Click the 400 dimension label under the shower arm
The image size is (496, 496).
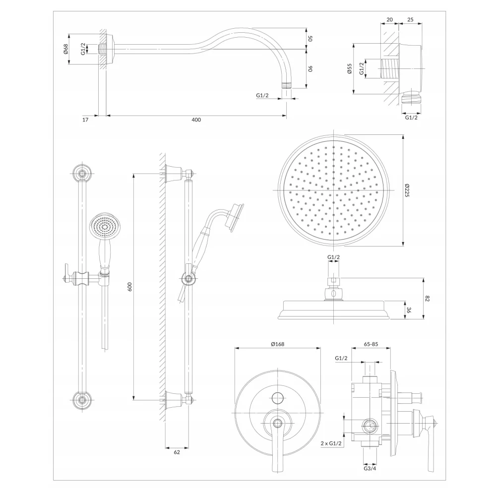(196, 120)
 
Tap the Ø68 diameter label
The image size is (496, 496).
(65, 49)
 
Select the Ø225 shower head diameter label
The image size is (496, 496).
(407, 190)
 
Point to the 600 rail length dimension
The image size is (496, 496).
(129, 287)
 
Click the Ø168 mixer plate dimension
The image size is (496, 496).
(277, 344)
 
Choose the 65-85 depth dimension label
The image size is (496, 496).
(371, 344)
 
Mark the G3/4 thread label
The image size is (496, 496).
(370, 469)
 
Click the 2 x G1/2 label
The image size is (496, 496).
(331, 443)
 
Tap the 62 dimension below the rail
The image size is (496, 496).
(177, 452)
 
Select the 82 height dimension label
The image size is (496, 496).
(428, 298)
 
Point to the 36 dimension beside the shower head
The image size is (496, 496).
(408, 310)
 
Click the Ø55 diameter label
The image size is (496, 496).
(349, 68)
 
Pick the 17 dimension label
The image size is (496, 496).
(85, 120)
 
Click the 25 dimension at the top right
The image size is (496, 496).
(410, 20)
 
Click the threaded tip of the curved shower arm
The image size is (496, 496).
(287, 85)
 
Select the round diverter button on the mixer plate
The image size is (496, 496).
(277, 398)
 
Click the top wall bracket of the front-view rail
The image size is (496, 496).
(83, 173)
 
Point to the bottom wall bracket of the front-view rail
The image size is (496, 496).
(83, 400)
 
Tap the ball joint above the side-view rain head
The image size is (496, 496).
(334, 293)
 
